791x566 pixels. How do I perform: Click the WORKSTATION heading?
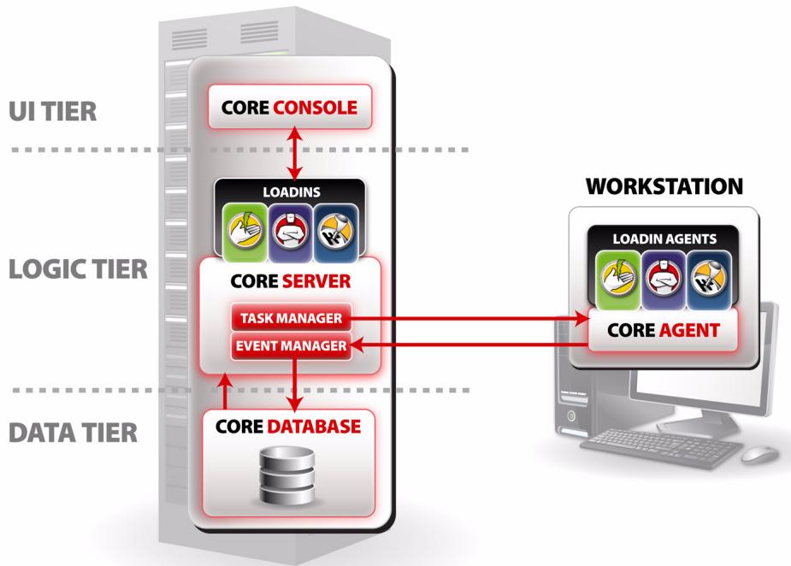tap(664, 186)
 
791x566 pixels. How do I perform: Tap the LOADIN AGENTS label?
tap(664, 240)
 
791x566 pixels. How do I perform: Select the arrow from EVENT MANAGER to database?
tap(294, 380)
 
